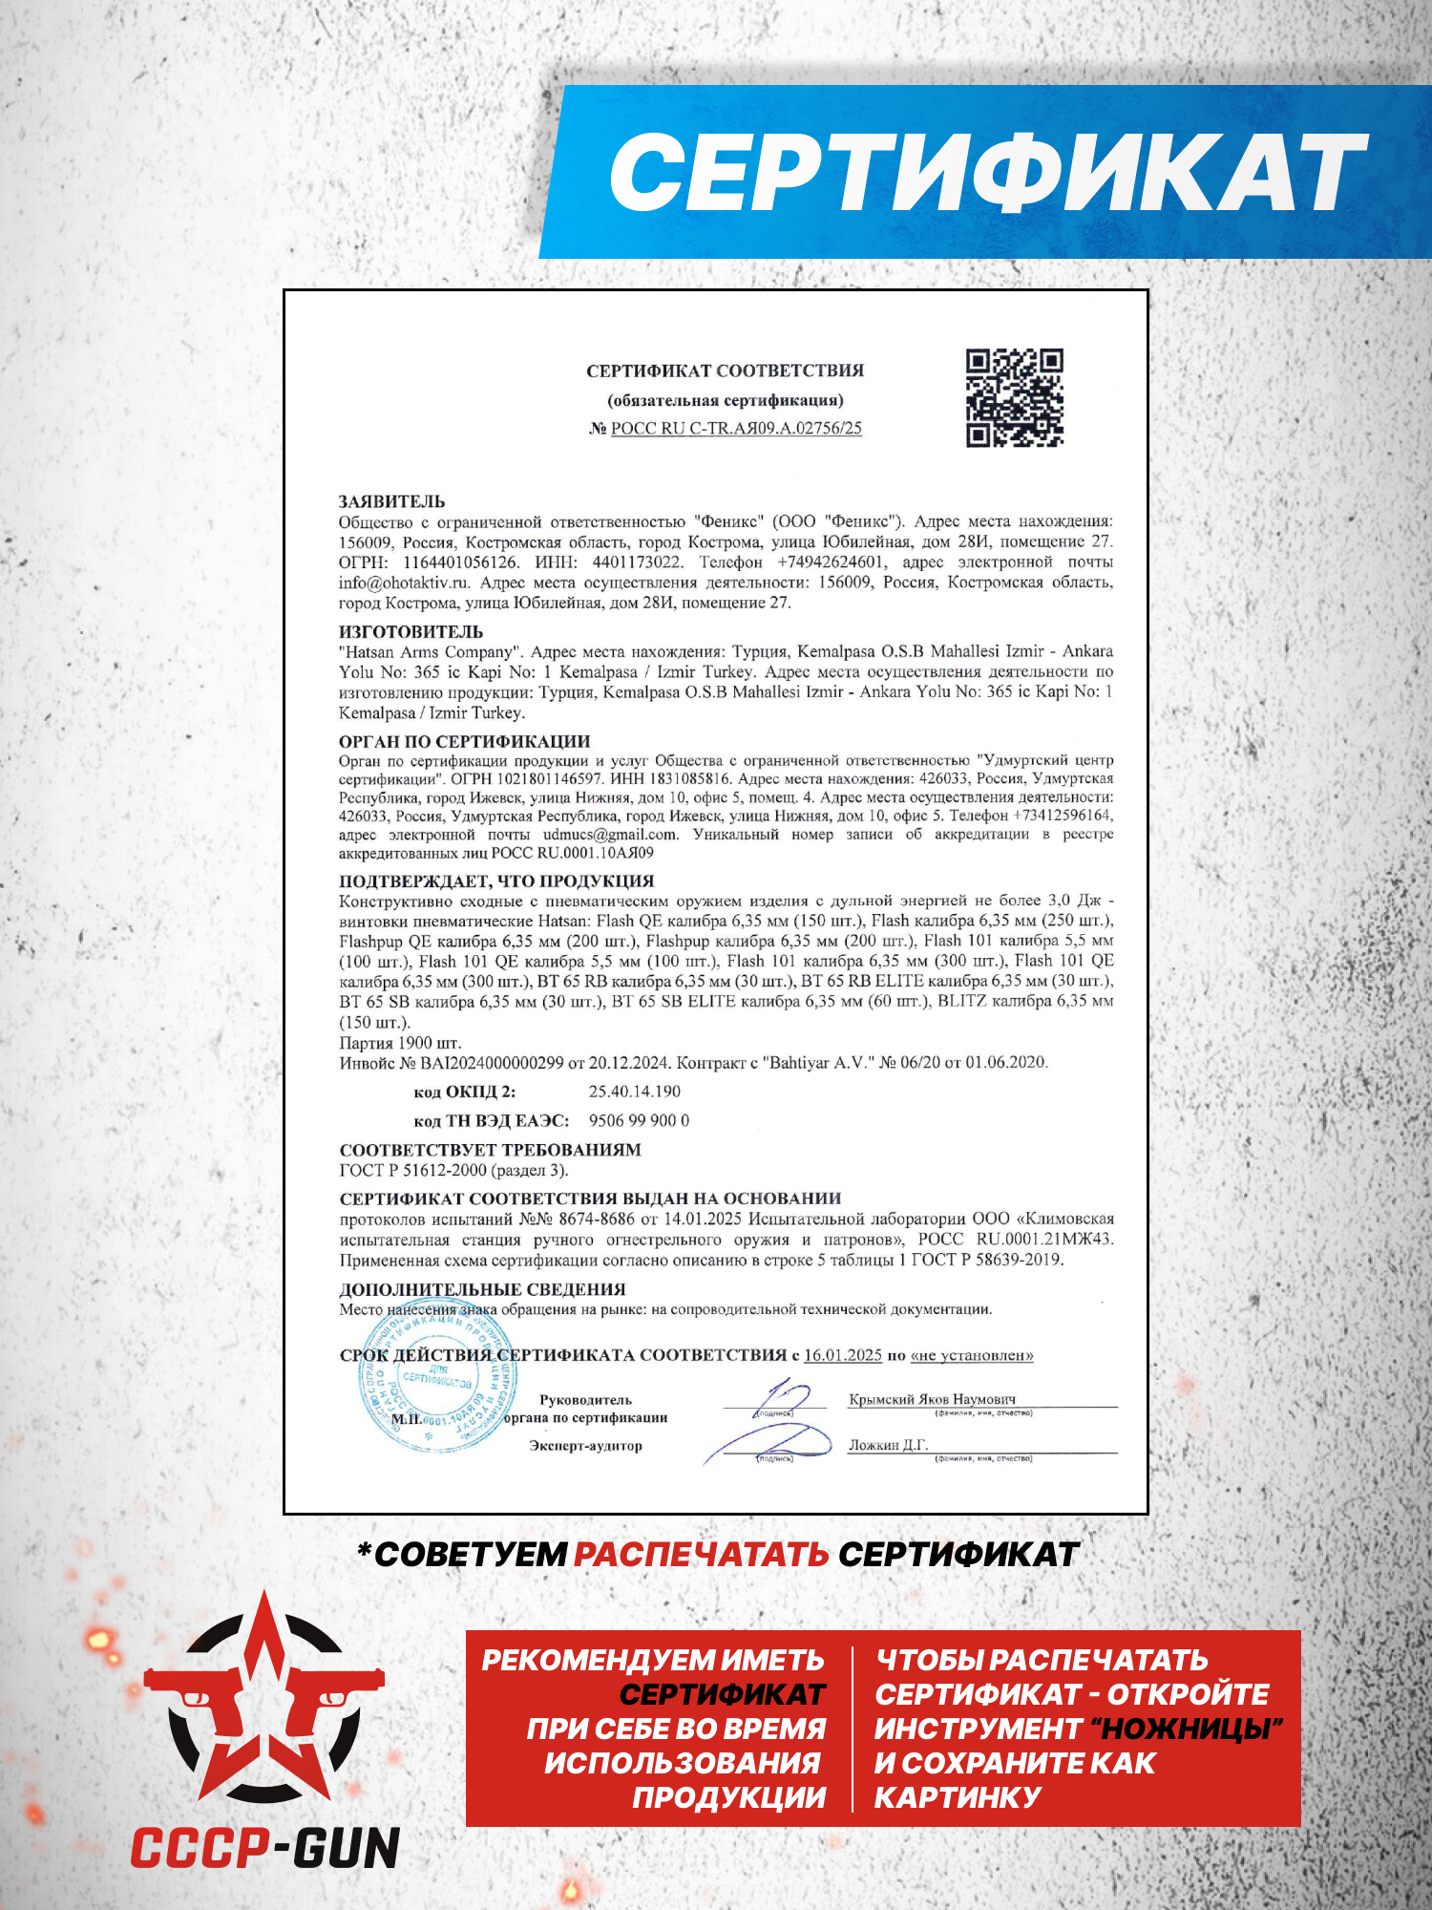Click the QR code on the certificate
point(1014,397)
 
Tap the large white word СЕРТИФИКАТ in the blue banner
point(988,172)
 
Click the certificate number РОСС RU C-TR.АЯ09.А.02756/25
point(736,429)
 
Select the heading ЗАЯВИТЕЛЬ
point(391,501)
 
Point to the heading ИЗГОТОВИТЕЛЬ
point(411,631)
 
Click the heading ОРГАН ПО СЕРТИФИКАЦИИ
point(464,741)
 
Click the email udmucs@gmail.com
point(611,834)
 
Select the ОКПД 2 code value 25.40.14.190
point(635,1092)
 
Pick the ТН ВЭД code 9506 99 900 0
point(639,1120)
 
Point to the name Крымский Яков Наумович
point(932,1399)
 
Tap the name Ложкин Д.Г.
point(888,1445)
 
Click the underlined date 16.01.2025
point(843,1355)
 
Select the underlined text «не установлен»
point(972,1355)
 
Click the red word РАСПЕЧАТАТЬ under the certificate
point(701,1555)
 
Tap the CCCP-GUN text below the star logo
point(265,1848)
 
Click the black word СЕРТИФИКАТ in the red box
point(722,1694)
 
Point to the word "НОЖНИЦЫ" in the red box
point(1186,1729)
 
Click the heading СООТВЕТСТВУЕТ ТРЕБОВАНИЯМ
point(490,1150)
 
